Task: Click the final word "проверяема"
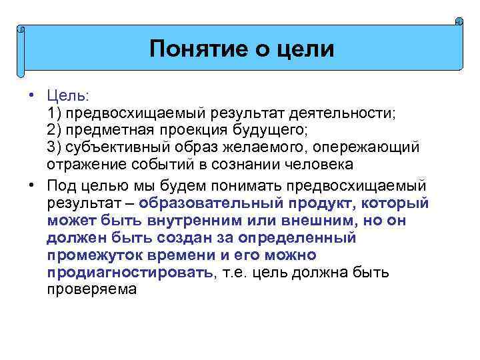(x=92, y=289)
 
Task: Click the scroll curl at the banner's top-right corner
(x=459, y=22)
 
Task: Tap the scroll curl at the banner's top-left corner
(x=21, y=30)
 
